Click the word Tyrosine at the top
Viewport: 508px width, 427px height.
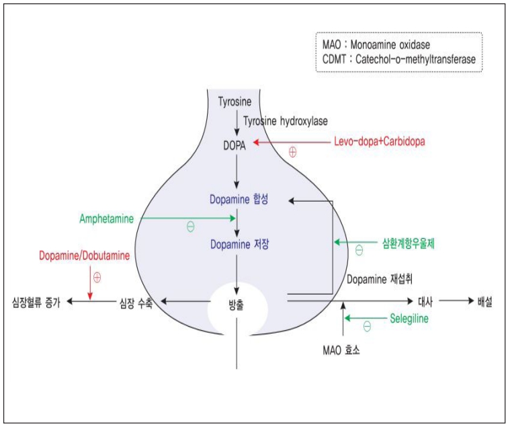coord(235,102)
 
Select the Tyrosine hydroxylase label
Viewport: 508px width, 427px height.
coord(286,121)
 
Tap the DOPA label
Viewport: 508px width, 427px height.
coord(236,144)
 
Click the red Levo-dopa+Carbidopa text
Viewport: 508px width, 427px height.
coord(380,142)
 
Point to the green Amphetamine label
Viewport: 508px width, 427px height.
coord(106,219)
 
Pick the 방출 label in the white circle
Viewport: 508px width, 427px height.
coord(237,304)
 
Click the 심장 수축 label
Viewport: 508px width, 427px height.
coord(136,303)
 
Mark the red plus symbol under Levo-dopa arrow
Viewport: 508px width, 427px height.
coord(292,152)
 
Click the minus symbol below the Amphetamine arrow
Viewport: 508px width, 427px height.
coord(190,227)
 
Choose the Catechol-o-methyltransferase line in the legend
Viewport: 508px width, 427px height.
coord(399,59)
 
